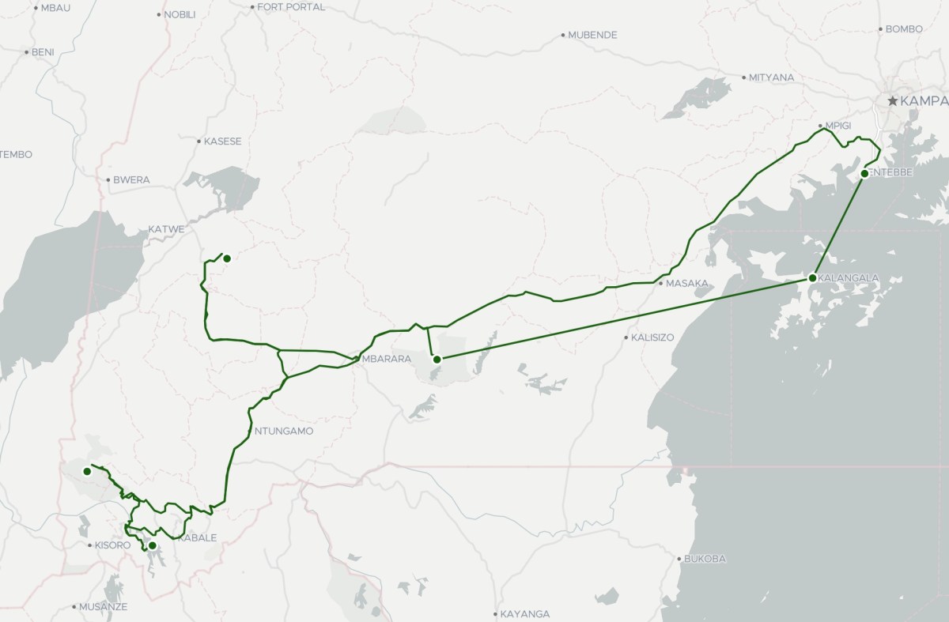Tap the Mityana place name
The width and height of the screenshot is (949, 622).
(772, 77)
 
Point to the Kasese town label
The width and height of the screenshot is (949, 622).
(222, 141)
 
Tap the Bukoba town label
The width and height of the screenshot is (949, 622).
(704, 559)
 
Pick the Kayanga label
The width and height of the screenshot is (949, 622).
(524, 614)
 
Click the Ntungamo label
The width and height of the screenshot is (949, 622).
(284, 432)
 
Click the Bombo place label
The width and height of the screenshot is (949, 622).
(904, 29)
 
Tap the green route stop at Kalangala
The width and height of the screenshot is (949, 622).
(812, 278)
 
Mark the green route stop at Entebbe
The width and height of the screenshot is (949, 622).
(864, 174)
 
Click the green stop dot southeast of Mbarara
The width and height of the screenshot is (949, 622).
(437, 360)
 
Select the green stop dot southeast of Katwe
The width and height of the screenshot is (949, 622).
(226, 258)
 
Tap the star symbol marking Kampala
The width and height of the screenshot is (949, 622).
(893, 101)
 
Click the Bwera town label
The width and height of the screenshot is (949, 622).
(130, 179)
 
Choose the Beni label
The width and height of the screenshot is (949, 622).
(42, 52)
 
